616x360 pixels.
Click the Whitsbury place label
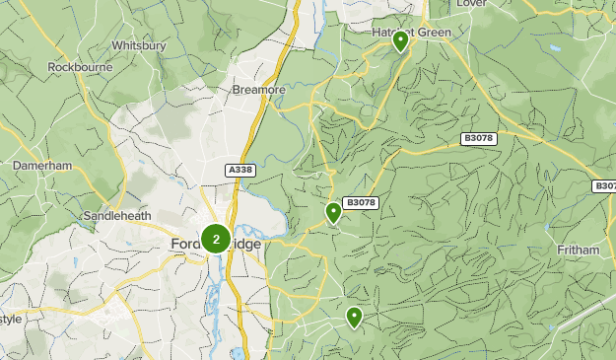(138, 45)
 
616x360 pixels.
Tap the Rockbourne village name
(78, 68)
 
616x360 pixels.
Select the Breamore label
(258, 90)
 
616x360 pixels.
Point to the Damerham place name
(42, 166)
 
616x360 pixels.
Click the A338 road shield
(240, 170)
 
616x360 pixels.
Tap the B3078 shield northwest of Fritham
(478, 139)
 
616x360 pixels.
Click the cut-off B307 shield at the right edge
(604, 185)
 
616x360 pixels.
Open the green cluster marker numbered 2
(216, 239)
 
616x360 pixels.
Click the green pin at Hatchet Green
(400, 41)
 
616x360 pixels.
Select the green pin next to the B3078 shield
(333, 211)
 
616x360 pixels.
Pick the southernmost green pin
(353, 317)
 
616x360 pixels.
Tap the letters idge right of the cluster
(246, 245)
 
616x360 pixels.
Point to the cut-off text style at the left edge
(10, 319)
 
